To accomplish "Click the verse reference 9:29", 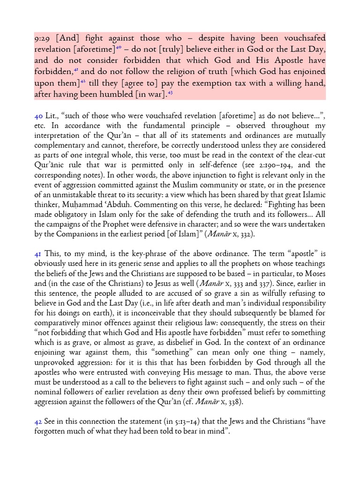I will (x=43, y=38).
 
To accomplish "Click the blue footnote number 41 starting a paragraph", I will (x=37, y=254).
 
